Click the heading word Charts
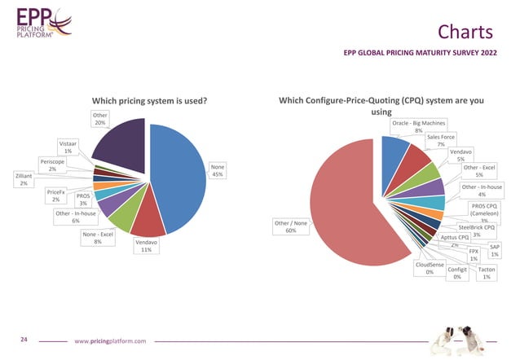tap(465, 32)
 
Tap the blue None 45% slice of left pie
tap(175, 171)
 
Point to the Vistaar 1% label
tap(68, 147)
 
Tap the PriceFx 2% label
tap(56, 195)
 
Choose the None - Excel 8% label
tap(97, 238)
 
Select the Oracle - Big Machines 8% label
tap(418, 126)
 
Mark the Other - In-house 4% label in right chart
tap(482, 191)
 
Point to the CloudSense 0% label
tap(430, 268)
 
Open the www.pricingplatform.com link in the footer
tap(110, 340)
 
